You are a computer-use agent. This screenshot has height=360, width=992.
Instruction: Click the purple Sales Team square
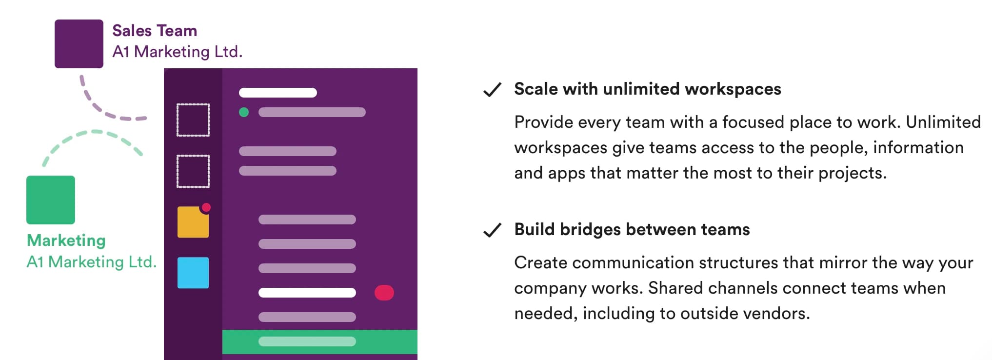pyautogui.click(x=79, y=44)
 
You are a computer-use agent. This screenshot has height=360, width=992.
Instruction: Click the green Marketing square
pyautogui.click(x=51, y=200)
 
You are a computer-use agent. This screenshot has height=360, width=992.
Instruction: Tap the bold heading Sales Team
pyautogui.click(x=155, y=31)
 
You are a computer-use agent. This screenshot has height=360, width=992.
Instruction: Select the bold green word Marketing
pyautogui.click(x=66, y=240)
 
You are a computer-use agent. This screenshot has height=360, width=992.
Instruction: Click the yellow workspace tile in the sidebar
pyautogui.click(x=193, y=222)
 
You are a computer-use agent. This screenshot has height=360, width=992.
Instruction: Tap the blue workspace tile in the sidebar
pyautogui.click(x=193, y=273)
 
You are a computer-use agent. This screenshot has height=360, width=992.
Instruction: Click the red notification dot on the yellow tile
pyautogui.click(x=206, y=207)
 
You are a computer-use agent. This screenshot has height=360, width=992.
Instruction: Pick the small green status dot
pyautogui.click(x=244, y=112)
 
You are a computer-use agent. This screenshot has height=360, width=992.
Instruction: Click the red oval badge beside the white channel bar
pyautogui.click(x=384, y=293)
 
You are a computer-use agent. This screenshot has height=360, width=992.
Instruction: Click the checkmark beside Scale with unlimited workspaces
pyautogui.click(x=492, y=90)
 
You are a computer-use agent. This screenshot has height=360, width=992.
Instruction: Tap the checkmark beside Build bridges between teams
pyautogui.click(x=492, y=230)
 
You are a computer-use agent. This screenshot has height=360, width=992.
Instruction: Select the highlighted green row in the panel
pyautogui.click(x=320, y=341)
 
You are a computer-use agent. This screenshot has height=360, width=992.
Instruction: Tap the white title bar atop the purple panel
pyautogui.click(x=278, y=93)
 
